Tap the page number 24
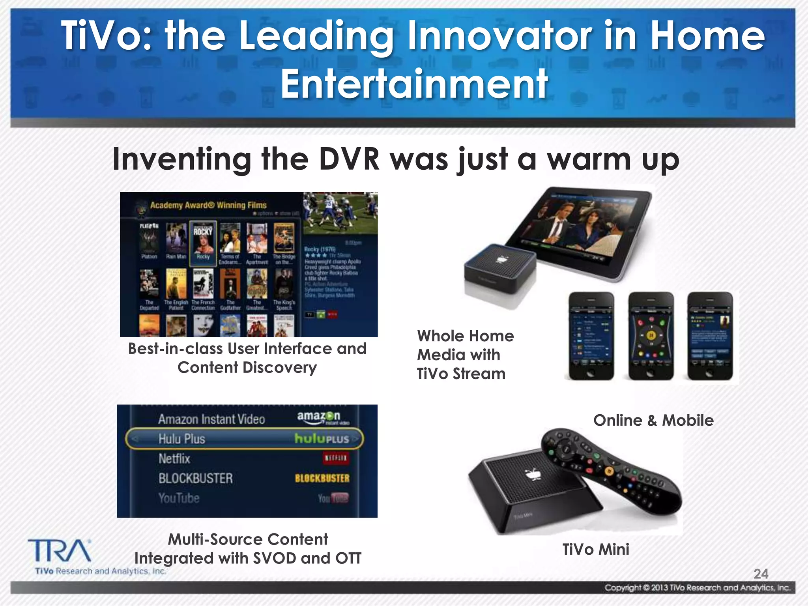coord(761,574)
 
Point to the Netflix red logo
coord(336,458)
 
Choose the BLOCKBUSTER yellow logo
coord(322,478)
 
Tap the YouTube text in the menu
coord(179,498)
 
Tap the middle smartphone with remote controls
coord(651,336)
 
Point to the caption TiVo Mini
coord(596,549)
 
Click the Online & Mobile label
coord(653,420)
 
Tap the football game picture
coord(340,213)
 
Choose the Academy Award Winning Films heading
coord(208,205)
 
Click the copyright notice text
coord(698,588)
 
